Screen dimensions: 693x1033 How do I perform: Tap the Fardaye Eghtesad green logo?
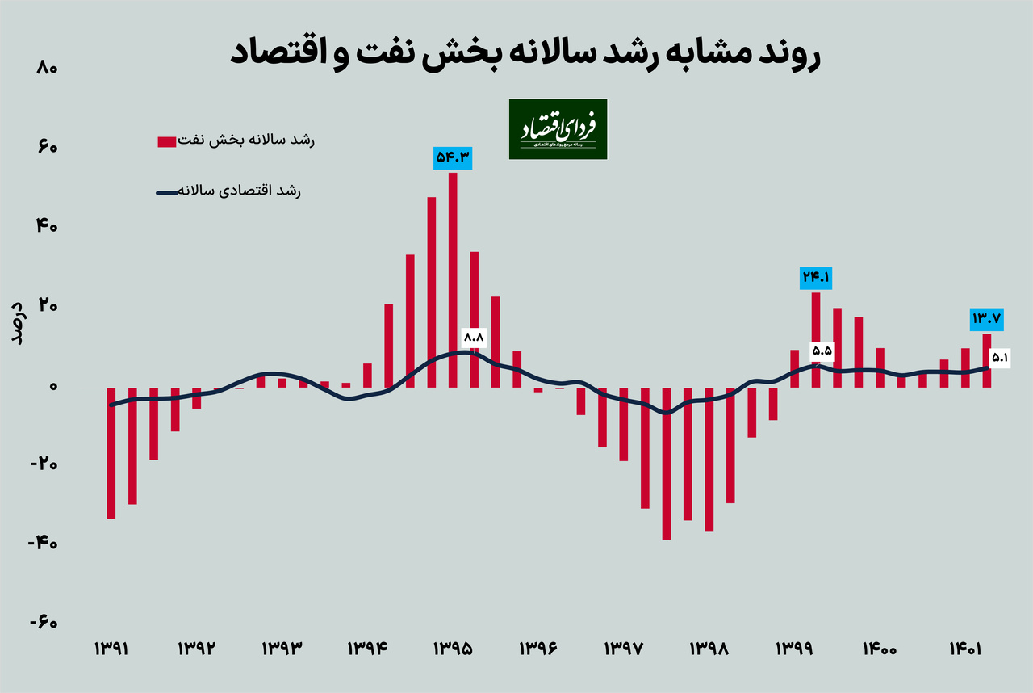[558, 129]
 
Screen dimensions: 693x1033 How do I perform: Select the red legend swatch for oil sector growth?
[167, 142]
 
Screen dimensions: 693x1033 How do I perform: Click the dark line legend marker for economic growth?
[167, 192]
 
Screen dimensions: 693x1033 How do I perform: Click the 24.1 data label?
[816, 278]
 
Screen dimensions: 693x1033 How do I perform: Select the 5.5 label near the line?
[822, 351]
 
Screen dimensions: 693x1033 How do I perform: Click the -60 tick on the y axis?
[42, 623]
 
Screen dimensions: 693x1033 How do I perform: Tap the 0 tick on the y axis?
[52, 386]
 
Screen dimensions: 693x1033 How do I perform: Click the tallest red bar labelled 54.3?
[453, 279]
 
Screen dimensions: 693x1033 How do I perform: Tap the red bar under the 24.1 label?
[816, 339]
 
